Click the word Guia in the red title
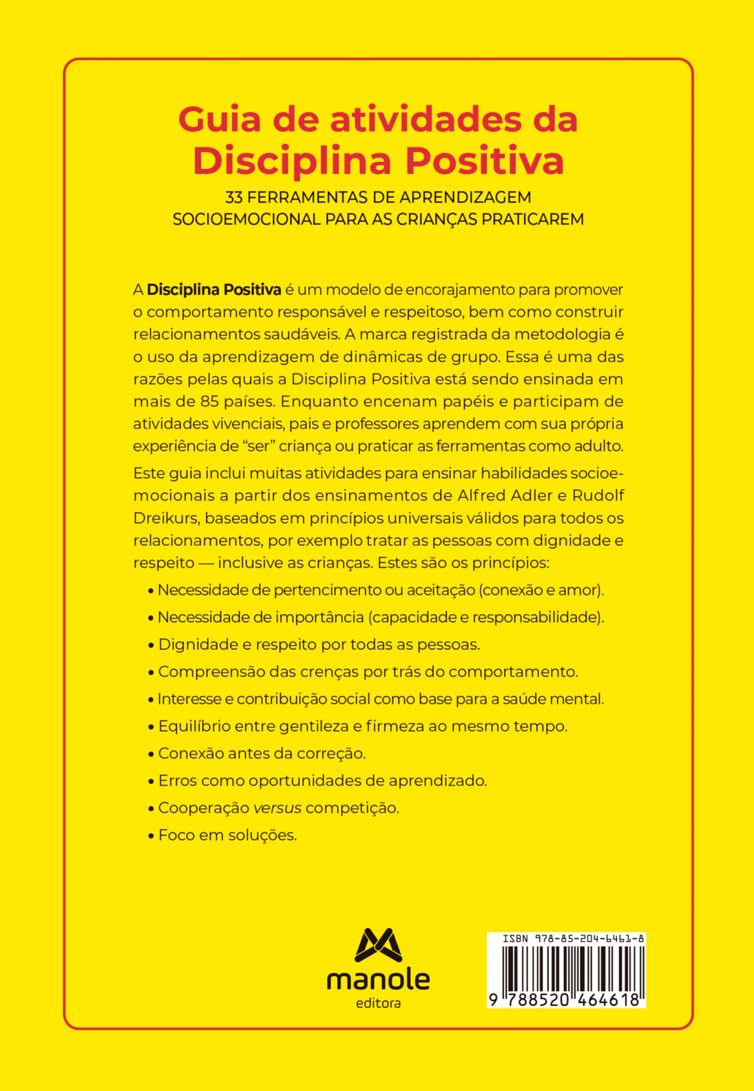point(220,120)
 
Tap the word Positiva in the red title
point(485,160)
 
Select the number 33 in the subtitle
point(234,198)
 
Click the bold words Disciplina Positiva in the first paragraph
point(214,290)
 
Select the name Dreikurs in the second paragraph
point(165,518)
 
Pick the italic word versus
point(278,808)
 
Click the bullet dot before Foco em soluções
point(151,836)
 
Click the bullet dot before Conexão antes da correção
point(151,754)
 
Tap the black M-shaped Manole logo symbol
point(378,945)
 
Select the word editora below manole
point(378,1004)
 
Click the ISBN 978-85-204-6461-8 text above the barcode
point(573,939)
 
